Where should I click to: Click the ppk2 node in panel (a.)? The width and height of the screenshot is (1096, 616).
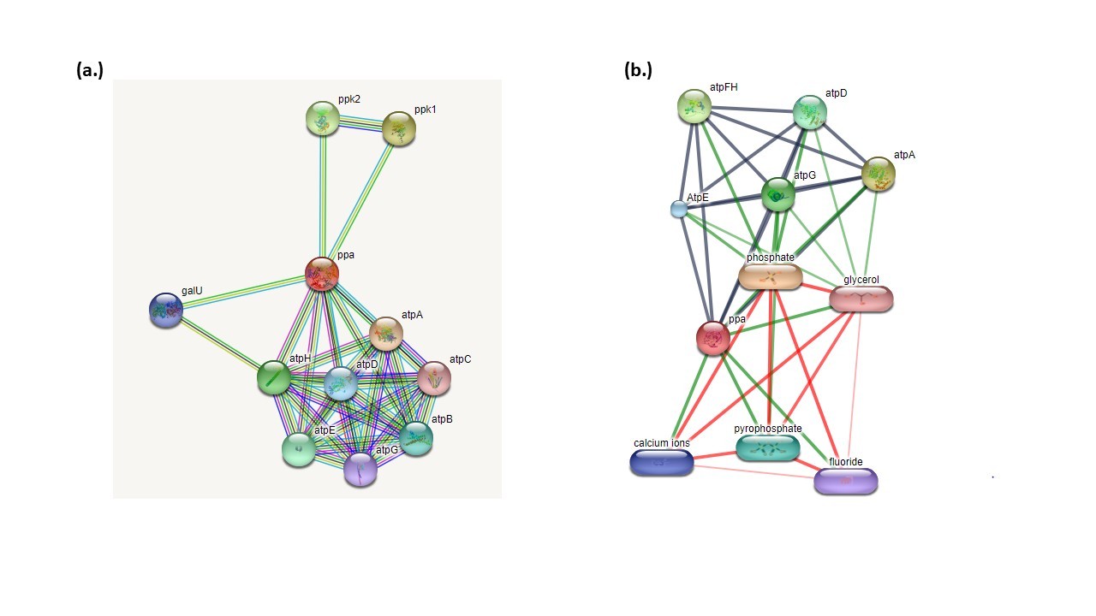point(323,118)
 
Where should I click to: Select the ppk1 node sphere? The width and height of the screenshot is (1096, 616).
point(399,128)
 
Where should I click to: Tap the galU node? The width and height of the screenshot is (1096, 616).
point(166,310)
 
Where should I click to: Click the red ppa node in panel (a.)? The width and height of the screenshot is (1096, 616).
point(322,274)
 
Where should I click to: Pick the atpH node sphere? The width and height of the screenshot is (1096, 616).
point(274,376)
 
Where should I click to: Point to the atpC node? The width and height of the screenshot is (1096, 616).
point(433,377)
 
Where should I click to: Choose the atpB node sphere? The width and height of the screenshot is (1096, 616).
point(416,438)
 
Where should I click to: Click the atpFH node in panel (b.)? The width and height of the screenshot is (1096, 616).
point(695,106)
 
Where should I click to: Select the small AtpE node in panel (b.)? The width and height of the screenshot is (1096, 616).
point(679,208)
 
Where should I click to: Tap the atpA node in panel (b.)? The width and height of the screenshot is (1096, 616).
point(879,174)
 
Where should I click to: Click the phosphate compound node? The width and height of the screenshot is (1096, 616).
point(771,276)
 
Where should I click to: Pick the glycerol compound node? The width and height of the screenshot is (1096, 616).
point(861,298)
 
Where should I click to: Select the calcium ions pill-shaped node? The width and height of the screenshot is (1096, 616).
point(662,462)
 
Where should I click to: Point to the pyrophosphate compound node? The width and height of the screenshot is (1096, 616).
point(768,447)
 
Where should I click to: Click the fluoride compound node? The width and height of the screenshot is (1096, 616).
point(846,481)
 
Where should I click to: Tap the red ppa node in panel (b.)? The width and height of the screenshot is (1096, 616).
point(713,338)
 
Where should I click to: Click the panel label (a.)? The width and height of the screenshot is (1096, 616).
point(90,71)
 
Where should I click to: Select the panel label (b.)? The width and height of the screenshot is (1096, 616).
point(638,71)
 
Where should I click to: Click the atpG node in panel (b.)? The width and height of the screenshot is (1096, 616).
point(778,194)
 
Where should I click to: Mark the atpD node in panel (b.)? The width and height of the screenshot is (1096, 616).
point(809,112)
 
